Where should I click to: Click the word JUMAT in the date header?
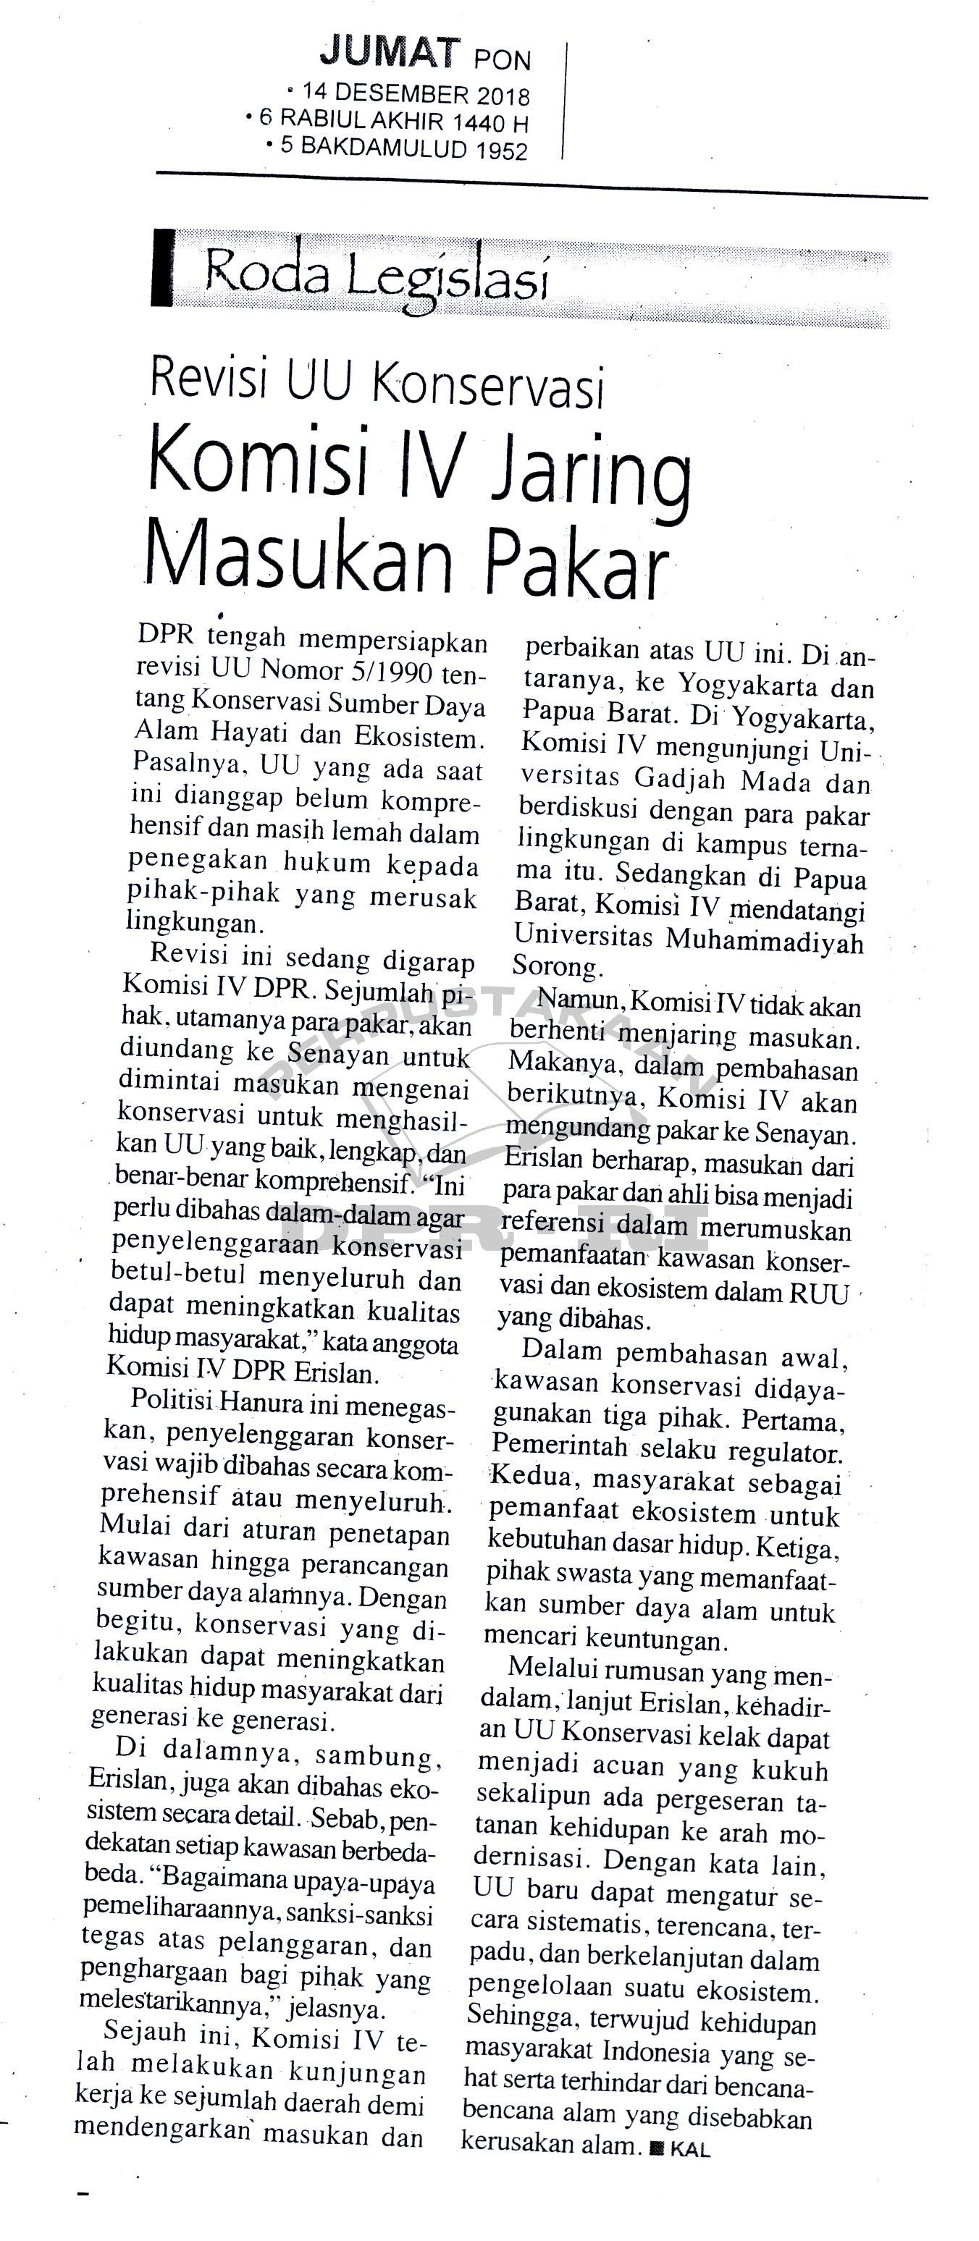coord(388,54)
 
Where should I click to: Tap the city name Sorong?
coord(552,966)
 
